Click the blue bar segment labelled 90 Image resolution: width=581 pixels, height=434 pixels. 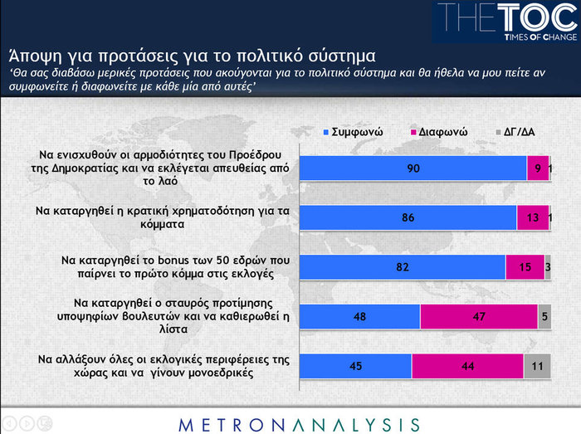413,168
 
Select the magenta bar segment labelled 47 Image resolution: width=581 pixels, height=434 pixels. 479,317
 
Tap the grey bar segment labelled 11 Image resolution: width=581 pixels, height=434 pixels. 537,366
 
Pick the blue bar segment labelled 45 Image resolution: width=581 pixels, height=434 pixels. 355,366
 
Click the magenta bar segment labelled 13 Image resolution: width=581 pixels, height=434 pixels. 532,217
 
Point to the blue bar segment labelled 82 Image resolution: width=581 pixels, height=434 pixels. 402,267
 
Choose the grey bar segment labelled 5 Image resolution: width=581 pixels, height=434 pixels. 544,317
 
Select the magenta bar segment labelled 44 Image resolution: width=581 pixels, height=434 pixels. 467,366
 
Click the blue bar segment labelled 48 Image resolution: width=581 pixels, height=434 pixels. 359,317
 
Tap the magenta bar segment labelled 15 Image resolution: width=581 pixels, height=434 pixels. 525,267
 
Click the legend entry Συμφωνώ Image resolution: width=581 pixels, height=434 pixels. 351,132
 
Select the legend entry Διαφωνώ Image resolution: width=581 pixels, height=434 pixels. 439,132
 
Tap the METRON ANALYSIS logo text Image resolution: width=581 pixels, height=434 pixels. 299,424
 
